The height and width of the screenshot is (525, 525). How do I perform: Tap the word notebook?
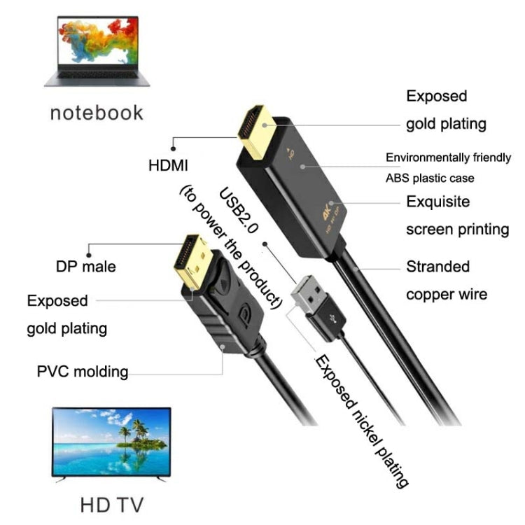(x=97, y=112)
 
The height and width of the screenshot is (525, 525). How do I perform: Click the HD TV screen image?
(x=111, y=441)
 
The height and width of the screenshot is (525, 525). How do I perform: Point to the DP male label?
(x=86, y=267)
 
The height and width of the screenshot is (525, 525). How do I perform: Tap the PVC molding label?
(x=83, y=370)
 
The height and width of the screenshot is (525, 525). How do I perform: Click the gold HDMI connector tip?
(x=255, y=132)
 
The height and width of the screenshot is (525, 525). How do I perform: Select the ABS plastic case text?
(x=440, y=178)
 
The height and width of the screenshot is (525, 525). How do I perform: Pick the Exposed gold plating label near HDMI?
(x=446, y=110)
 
